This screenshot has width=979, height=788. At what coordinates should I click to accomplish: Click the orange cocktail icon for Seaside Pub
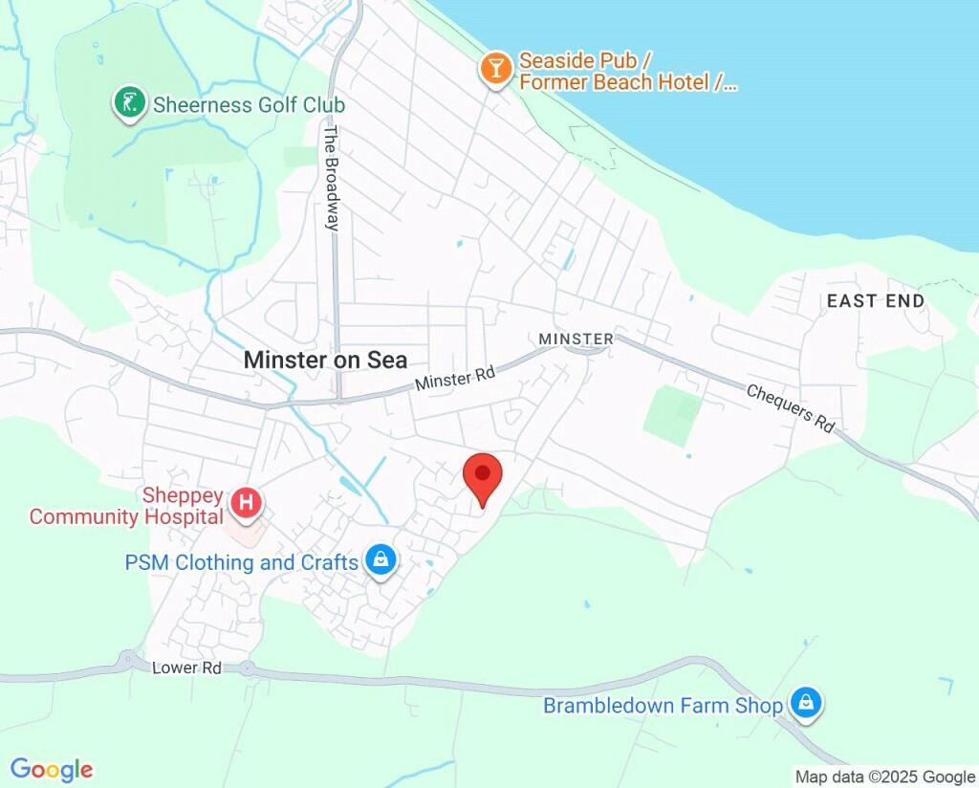click(495, 68)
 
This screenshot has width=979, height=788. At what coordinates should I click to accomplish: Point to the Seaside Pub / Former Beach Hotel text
click(627, 72)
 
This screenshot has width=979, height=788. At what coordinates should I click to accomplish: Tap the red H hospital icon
click(247, 501)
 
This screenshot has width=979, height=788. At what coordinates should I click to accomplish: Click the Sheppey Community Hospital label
click(126, 507)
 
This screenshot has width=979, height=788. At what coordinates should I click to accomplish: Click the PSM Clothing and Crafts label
click(241, 562)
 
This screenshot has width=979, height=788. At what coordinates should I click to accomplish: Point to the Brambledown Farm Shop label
click(663, 707)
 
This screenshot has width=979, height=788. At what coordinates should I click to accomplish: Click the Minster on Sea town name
click(325, 360)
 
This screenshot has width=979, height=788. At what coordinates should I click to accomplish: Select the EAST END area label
click(876, 301)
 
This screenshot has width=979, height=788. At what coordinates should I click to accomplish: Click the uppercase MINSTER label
click(576, 339)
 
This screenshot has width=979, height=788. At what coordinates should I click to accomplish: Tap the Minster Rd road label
click(455, 379)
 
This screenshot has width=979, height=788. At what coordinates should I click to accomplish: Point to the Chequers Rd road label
click(790, 408)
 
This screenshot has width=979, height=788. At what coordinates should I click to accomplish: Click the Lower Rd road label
click(186, 668)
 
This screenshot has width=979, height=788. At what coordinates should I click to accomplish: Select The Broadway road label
click(332, 179)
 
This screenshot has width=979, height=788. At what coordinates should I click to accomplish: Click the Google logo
click(52, 769)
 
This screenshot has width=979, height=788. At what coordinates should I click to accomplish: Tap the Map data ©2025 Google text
click(884, 777)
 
